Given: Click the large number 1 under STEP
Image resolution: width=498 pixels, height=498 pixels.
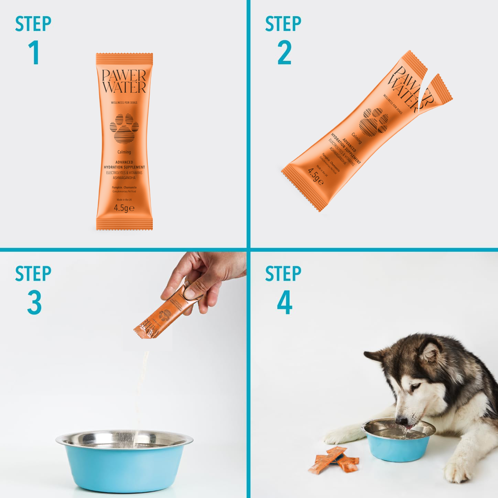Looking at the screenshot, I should click(34, 53).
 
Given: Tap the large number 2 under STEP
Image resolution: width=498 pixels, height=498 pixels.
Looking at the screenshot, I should click(284, 53).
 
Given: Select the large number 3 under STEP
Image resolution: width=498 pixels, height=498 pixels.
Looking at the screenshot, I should click(34, 303).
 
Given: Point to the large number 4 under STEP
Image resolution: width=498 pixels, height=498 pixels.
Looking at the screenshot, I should click(285, 303).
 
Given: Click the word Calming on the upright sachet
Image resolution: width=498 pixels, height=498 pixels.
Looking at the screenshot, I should click(124, 152).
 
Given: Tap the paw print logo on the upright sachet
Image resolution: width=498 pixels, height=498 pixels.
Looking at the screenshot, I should click(124, 128).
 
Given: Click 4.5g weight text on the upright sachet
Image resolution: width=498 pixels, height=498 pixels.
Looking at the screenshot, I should click(124, 208).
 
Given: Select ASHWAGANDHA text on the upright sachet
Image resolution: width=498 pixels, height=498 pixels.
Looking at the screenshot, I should click(124, 178).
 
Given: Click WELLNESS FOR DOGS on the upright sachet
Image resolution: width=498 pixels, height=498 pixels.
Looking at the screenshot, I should click(124, 102).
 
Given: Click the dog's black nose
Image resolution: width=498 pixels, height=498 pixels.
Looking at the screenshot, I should click(401, 420).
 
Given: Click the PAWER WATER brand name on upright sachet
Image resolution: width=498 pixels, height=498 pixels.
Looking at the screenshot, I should click(124, 81).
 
